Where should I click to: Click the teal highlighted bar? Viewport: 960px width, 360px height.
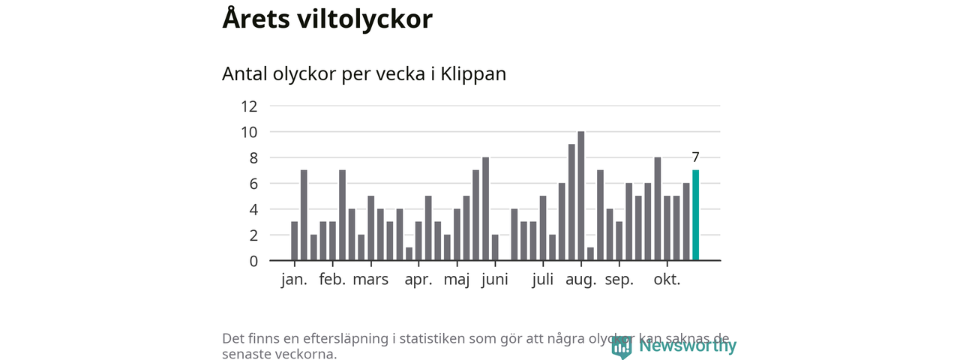695,215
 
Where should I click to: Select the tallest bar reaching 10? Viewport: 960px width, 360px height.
581,196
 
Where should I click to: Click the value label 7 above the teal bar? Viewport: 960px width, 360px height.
695,157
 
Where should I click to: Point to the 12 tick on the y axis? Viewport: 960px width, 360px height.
249,106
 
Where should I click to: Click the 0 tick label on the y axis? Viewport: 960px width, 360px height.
253,261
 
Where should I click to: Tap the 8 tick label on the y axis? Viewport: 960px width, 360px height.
253,157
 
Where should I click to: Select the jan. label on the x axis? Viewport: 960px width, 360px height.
294,280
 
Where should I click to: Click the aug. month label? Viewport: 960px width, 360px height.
581,280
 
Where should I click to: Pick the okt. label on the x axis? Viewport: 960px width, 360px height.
667,280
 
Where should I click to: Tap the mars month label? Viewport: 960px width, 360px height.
370,280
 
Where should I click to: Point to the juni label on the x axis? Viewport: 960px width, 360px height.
495,280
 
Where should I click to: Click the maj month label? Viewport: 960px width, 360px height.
457,280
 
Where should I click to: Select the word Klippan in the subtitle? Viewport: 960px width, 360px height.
473,74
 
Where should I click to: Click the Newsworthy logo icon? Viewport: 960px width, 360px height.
622,346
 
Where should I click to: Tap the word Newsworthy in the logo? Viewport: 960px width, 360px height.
688,346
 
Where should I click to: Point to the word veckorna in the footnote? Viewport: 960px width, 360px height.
305,354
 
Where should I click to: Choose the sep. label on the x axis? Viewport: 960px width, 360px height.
619,280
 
